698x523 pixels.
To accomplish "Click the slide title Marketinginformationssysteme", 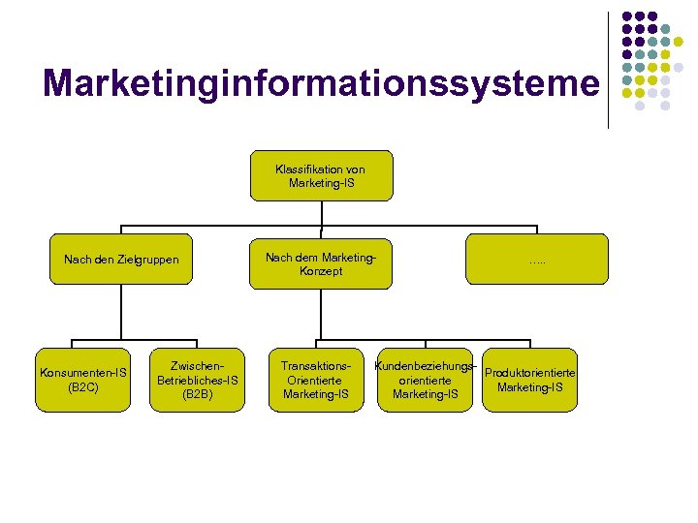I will coord(321,83).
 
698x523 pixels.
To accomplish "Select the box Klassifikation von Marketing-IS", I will coord(321,175).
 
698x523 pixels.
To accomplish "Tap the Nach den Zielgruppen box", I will coord(121,260).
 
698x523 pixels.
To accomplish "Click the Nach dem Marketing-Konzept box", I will coord(321,261).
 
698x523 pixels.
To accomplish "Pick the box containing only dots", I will coord(537,260).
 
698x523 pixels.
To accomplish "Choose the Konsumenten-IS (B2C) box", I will coord(82,380).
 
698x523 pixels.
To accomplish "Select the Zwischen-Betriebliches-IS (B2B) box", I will coord(197,380).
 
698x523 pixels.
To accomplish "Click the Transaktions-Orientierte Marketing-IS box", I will coord(316,380).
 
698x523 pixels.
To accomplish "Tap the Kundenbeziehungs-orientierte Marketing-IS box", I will coord(426,380).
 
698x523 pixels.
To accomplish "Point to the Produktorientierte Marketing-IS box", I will coord(529,380).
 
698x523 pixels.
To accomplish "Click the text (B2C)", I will coord(82,387).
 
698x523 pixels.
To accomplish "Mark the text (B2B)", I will coord(197,394).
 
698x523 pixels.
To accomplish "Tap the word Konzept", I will coord(321,271).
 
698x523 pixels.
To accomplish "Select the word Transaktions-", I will coord(316,366).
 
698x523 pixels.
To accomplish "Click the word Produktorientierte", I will coord(530,373).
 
